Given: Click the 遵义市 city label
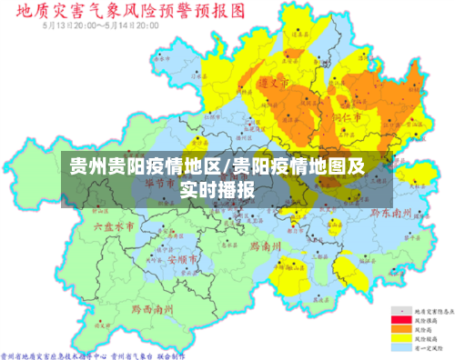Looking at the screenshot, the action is click(x=274, y=83).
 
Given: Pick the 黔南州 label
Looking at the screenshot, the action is click(x=264, y=245).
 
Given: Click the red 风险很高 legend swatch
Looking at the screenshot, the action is click(x=398, y=320).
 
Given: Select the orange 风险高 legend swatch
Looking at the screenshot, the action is click(x=398, y=328).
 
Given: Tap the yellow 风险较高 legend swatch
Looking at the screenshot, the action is click(x=398, y=337).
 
